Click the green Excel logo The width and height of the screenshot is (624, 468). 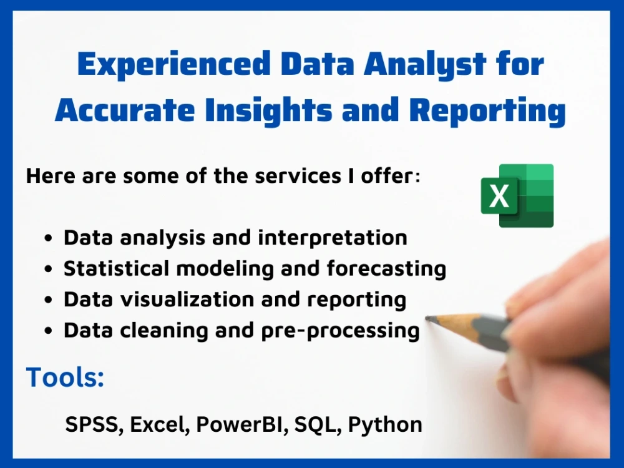pyautogui.click(x=517, y=195)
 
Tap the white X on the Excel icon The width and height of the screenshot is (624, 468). pyautogui.click(x=499, y=196)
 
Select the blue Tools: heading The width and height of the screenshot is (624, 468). pyautogui.click(x=65, y=378)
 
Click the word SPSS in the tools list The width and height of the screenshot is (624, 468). pyautogui.click(x=89, y=425)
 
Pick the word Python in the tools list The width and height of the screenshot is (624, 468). pyautogui.click(x=385, y=425)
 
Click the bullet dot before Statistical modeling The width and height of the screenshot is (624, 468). pyautogui.click(x=49, y=270)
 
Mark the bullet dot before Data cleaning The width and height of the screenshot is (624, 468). pyautogui.click(x=49, y=331)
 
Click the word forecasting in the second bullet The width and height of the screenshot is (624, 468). pyautogui.click(x=378, y=269)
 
